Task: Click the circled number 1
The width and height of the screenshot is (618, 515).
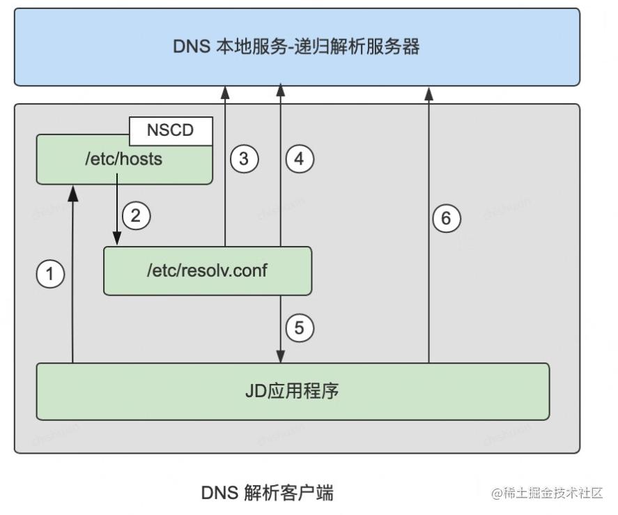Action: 49,274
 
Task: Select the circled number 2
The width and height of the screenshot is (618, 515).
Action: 137,215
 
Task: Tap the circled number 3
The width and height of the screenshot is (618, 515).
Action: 244,159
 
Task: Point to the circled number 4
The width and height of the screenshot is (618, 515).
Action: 300,159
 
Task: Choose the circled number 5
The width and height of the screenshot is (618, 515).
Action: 300,327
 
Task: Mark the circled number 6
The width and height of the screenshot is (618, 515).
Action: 447,219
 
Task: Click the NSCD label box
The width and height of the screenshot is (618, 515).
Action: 170,131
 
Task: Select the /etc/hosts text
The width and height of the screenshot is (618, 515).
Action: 123,160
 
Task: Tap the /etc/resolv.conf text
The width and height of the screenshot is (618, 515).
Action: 206,270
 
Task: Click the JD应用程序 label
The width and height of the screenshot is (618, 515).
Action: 292,390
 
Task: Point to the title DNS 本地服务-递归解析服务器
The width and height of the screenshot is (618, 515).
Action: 296,47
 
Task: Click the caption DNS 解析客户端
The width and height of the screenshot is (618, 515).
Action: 268,493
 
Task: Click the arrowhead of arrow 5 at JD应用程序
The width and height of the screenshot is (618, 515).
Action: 281,357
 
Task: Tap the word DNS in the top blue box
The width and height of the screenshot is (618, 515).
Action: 188,47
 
